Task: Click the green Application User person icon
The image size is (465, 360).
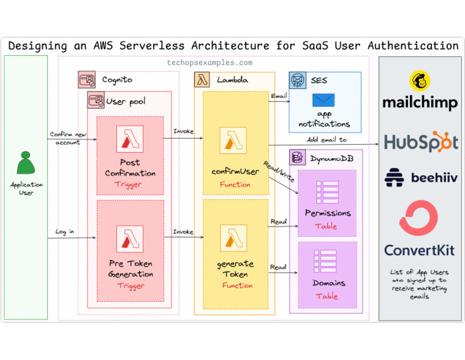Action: pos(25,162)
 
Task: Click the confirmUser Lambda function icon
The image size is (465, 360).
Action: pos(232,141)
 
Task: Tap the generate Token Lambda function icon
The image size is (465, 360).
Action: pos(232,239)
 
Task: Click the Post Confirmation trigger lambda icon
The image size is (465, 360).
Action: pos(130,140)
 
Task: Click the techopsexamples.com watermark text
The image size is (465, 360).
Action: pos(209,62)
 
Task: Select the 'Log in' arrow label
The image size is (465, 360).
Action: pos(65,232)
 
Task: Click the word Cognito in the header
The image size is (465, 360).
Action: pos(117,79)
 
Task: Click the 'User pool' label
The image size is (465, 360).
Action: pos(125,101)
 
